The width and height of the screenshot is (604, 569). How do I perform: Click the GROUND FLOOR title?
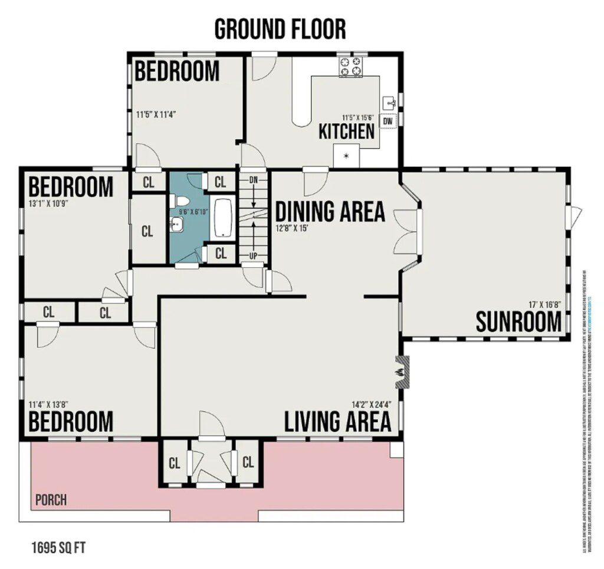[x=280, y=29]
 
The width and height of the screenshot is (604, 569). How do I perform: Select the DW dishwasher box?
[x=388, y=121]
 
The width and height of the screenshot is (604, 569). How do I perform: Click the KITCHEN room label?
[x=346, y=131]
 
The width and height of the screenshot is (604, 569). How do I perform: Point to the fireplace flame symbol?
[x=399, y=373]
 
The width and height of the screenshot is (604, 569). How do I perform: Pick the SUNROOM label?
[x=518, y=323]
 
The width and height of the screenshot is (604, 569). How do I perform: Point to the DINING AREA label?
[x=330, y=211]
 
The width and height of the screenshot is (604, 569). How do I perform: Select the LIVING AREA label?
[x=337, y=422]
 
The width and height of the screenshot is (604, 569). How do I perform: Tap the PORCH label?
[x=51, y=501]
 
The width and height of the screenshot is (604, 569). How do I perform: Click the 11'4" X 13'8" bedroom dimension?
[x=49, y=404]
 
